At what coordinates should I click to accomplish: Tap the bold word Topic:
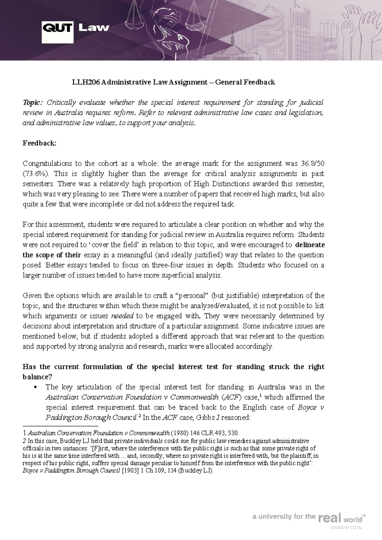(x=32, y=103)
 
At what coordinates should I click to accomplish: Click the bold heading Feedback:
(x=39, y=143)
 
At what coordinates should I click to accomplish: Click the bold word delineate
(x=310, y=245)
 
